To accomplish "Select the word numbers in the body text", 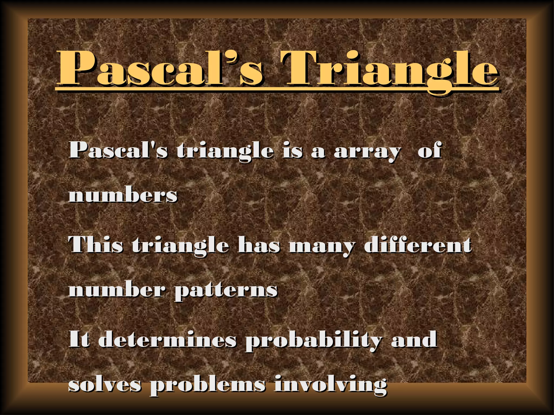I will tap(123, 195).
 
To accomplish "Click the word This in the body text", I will tap(96, 245).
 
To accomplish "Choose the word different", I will tap(418, 245).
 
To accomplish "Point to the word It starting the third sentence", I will tap(79, 339).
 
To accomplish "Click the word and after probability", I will tap(414, 339).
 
